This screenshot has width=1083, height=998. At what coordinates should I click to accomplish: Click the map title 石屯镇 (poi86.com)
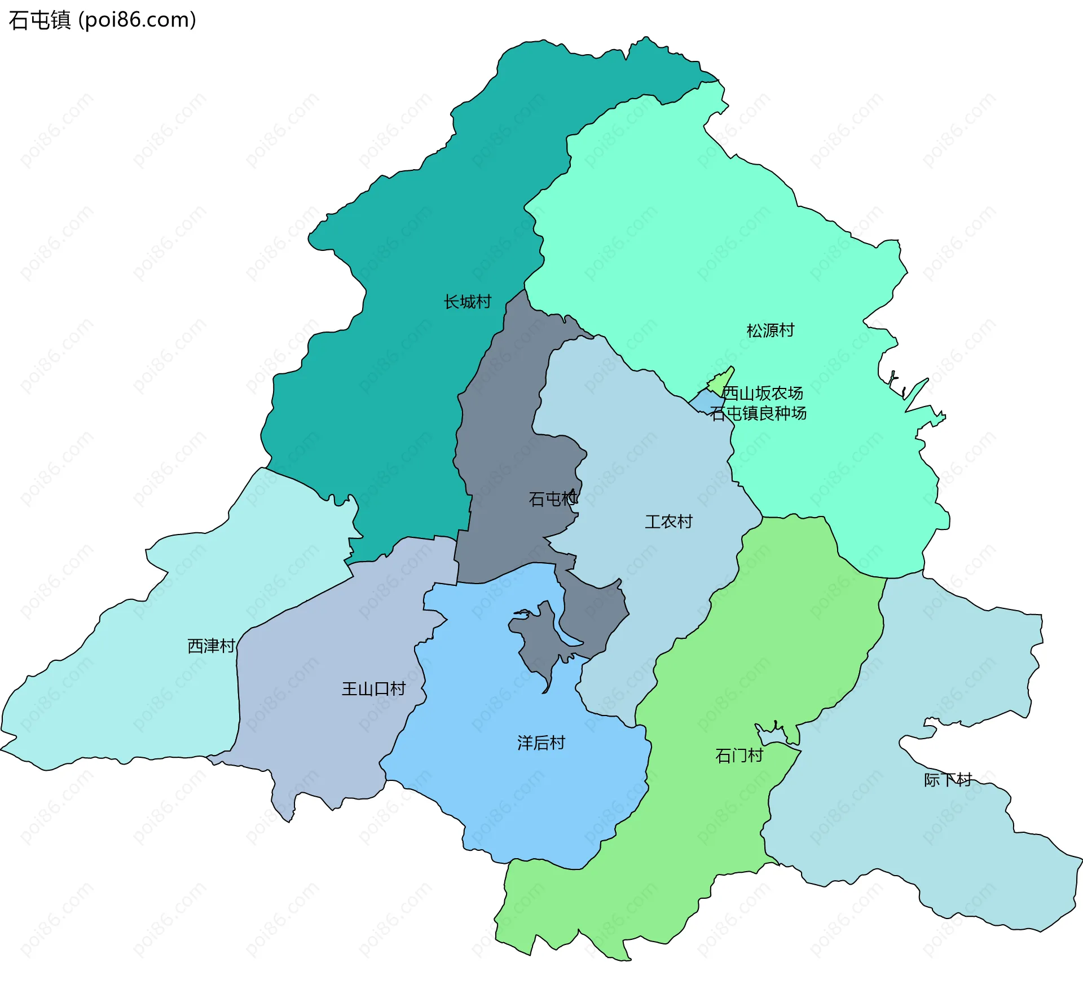[102, 20]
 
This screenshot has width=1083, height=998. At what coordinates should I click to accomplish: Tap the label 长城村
[467, 302]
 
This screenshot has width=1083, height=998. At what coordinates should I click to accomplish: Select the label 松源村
[770, 330]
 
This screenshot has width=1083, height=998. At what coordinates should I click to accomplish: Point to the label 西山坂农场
[762, 393]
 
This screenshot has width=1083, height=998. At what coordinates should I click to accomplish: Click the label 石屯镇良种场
[758, 413]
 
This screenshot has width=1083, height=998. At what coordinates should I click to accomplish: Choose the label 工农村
[668, 522]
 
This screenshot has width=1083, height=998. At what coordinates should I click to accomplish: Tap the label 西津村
[211, 646]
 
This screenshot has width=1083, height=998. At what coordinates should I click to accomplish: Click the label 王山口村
[373, 688]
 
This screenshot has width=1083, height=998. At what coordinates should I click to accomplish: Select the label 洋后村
[541, 743]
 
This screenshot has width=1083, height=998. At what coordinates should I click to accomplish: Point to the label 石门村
[739, 755]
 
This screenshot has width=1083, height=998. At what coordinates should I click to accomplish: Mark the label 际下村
[948, 780]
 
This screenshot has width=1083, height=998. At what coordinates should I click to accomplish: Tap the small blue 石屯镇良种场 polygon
[705, 402]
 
